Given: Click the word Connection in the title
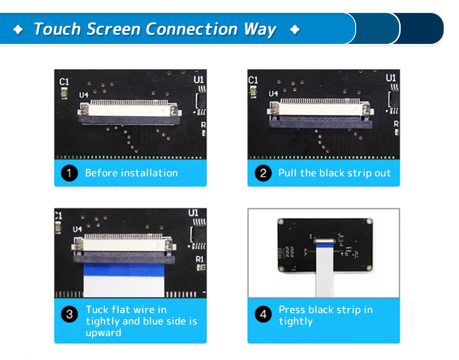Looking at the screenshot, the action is [191, 29].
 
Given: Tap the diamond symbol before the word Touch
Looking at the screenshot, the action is [18, 30].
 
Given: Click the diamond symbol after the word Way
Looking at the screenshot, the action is [295, 30].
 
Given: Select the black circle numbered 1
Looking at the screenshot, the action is [69, 173].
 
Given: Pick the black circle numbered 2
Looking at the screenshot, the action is [263, 173].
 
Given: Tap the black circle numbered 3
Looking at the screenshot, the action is [69, 314].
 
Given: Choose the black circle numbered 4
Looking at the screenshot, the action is [263, 314].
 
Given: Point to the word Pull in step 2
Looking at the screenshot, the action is [288, 173].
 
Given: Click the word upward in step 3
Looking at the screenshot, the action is [103, 333].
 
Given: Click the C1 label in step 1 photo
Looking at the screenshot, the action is [64, 82].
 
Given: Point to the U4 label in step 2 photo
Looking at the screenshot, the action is [273, 94].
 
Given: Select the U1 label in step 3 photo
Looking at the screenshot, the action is [193, 213].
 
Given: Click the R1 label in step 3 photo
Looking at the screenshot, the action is [199, 259].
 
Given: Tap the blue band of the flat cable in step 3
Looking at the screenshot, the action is [124, 270].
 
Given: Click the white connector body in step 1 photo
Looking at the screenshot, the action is [129, 110].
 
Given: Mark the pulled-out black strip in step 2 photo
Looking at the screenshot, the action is [320, 123].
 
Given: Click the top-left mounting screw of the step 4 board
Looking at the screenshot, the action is [281, 221].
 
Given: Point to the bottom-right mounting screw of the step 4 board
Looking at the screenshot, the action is [370, 268].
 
